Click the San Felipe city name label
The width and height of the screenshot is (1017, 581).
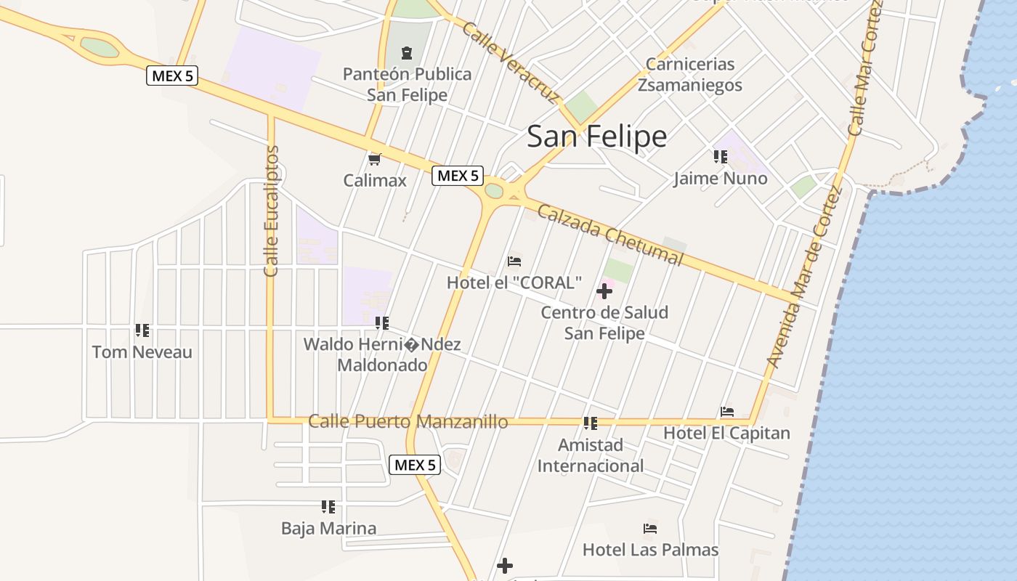click(596, 137)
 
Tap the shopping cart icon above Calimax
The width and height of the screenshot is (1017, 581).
click(375, 159)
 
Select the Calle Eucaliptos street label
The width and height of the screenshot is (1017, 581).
click(272, 211)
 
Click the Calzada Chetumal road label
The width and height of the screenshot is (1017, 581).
click(610, 234)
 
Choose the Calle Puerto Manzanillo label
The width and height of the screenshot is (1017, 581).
click(408, 421)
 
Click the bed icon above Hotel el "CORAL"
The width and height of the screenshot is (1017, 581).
click(514, 261)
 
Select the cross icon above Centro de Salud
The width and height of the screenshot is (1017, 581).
click(604, 292)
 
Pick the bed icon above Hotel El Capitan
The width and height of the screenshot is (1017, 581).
click(726, 412)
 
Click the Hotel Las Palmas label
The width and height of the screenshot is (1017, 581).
click(650, 550)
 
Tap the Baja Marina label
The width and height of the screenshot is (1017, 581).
click(328, 528)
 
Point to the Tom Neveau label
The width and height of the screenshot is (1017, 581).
click(142, 352)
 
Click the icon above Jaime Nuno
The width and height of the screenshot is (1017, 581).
click(720, 157)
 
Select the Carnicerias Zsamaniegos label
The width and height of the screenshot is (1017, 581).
click(690, 75)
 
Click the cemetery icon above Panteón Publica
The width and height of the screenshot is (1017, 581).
click(407, 52)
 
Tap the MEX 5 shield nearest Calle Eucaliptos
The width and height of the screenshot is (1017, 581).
click(172, 76)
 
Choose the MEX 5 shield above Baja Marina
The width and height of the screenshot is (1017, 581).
click(415, 465)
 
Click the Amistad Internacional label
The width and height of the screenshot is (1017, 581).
click(590, 455)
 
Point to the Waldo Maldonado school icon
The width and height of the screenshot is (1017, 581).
click(381, 323)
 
